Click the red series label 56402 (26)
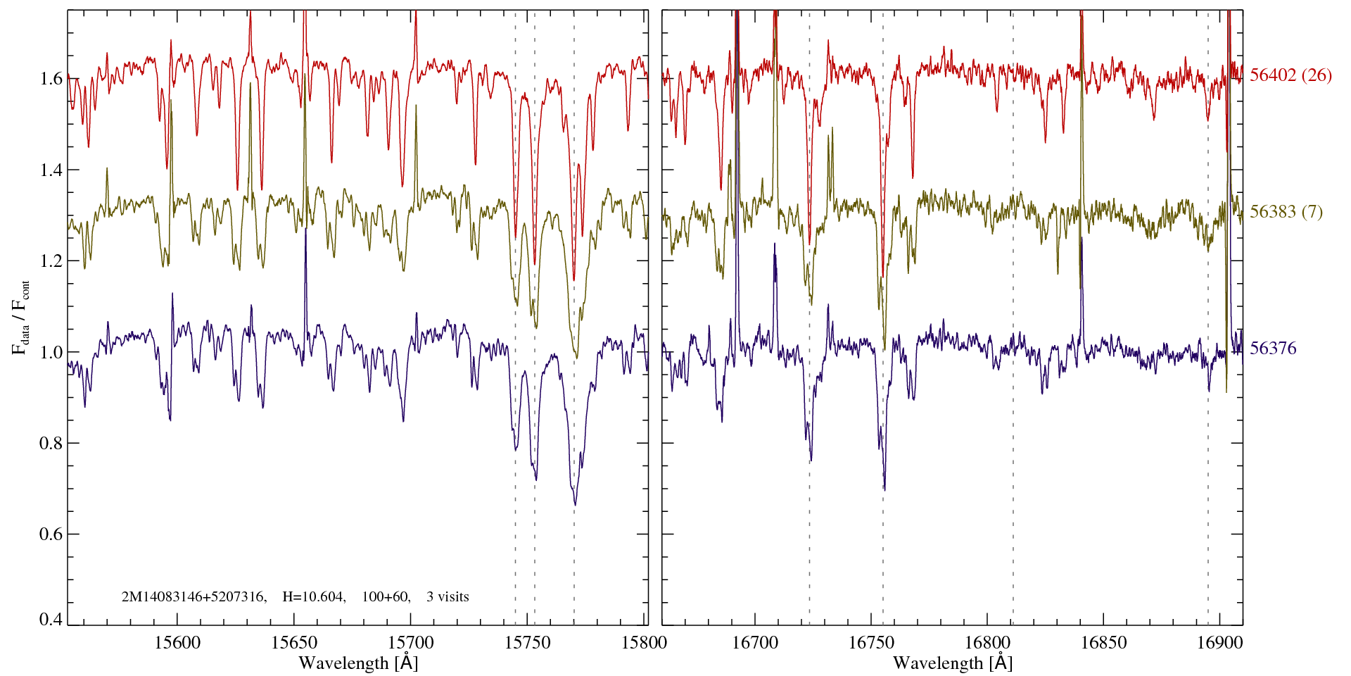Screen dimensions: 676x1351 [1290, 75]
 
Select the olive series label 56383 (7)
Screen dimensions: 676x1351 [1286, 212]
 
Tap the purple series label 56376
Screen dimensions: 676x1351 [1273, 349]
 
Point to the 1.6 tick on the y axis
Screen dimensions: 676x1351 [52, 78]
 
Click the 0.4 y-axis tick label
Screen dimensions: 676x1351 [52, 620]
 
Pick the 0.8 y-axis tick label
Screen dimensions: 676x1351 [52, 443]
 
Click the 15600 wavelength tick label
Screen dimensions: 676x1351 [177, 642]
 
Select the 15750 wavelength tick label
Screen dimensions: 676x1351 [528, 642]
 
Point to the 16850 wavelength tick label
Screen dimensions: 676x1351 [1103, 642]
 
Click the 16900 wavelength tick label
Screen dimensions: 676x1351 [1219, 642]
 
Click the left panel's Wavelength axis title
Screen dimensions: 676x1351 [358, 663]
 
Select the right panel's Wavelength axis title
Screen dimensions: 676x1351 [953, 663]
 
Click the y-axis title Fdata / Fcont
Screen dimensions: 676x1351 [22, 317]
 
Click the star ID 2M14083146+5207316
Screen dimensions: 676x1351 [194, 597]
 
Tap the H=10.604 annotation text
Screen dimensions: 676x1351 [313, 597]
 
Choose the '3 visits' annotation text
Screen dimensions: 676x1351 [448, 597]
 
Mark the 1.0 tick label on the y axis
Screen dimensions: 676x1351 [52, 352]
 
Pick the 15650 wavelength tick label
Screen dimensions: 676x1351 [294, 642]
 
